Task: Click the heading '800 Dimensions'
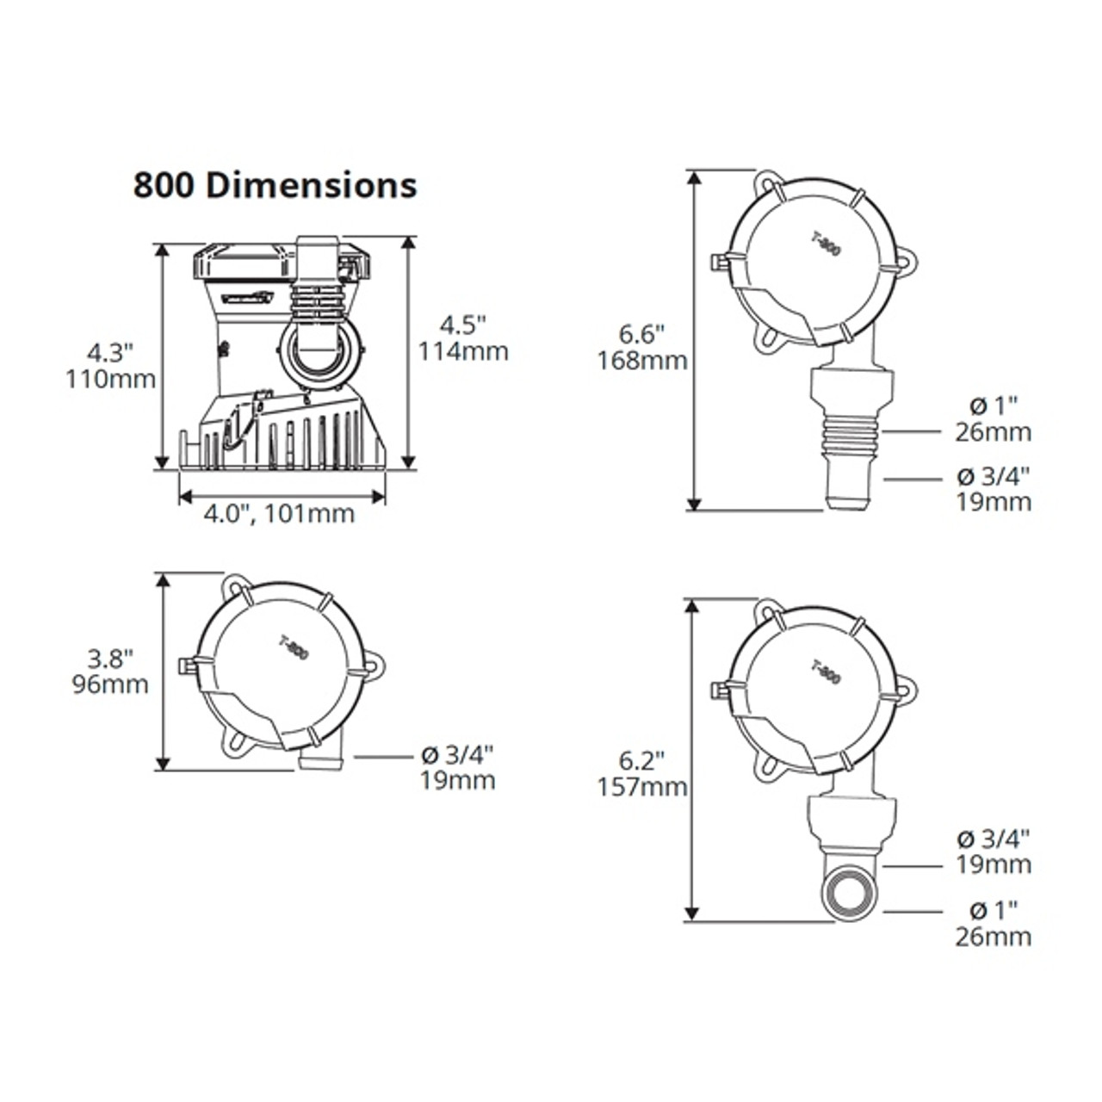click(x=275, y=185)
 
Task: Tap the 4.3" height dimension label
click(x=110, y=352)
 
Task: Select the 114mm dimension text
click(x=463, y=351)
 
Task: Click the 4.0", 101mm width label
click(x=279, y=514)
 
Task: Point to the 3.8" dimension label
click(x=110, y=659)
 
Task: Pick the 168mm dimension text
click(x=642, y=360)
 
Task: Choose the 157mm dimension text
click(x=642, y=786)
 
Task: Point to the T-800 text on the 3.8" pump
click(x=294, y=646)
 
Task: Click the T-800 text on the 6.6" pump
click(x=826, y=245)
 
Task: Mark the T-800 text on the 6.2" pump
click(x=826, y=672)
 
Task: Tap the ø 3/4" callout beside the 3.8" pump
click(x=457, y=755)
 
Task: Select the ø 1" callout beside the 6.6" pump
click(x=993, y=405)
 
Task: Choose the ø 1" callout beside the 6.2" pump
click(x=993, y=910)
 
